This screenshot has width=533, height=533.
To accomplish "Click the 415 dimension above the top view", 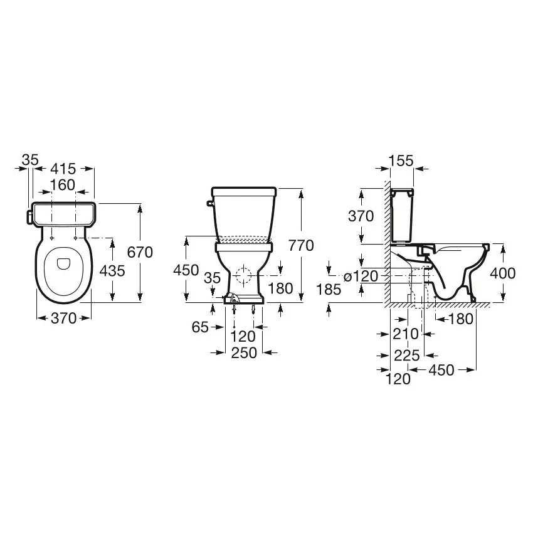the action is click(x=63, y=169).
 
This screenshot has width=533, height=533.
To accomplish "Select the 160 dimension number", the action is click(x=63, y=185).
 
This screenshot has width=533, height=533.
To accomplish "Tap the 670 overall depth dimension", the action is click(x=140, y=252).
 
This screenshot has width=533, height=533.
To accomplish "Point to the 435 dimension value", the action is click(x=112, y=271).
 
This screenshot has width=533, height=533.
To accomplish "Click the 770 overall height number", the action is click(x=301, y=245).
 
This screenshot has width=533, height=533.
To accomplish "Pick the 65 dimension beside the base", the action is click(x=200, y=327).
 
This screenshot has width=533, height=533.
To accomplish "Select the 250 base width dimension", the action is click(x=244, y=353).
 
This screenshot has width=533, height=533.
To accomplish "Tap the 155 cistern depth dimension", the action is click(x=401, y=161).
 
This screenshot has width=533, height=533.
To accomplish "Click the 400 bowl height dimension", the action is click(x=503, y=273).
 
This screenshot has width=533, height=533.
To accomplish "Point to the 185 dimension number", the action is click(x=329, y=290).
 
